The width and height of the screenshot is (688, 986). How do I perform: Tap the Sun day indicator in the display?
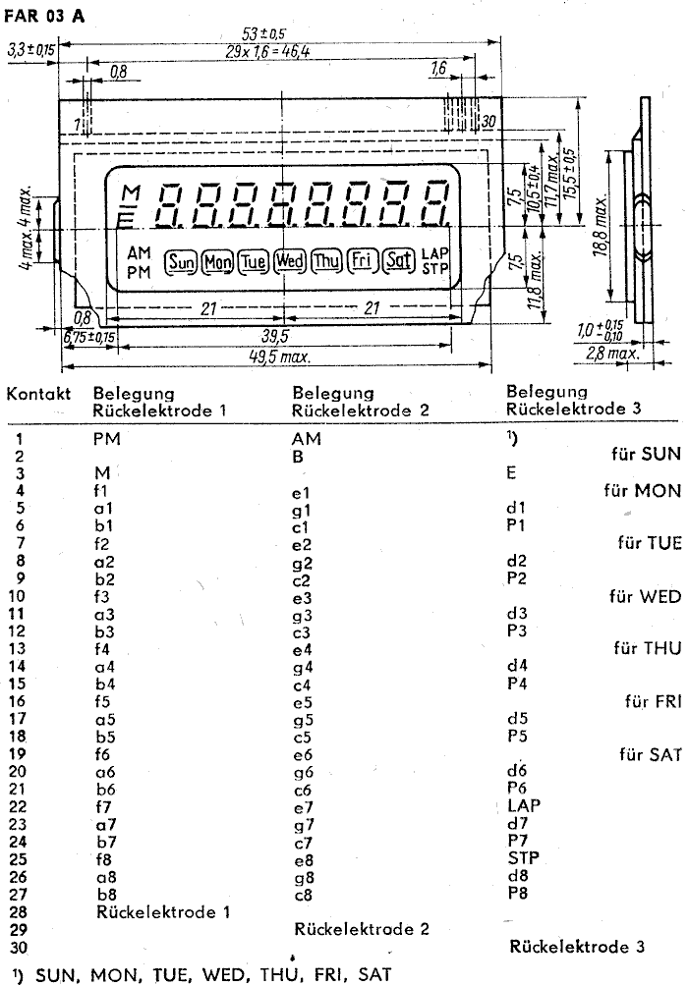tap(181, 261)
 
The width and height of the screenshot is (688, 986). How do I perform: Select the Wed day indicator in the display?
tap(289, 261)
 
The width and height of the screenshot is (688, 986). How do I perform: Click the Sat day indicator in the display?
tap(397, 261)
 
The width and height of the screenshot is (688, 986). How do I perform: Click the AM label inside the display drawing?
tap(139, 254)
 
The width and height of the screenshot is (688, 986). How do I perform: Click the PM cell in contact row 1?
tap(107, 440)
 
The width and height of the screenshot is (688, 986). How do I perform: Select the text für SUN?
tap(640, 455)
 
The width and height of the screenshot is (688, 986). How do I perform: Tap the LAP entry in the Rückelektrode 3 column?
tap(525, 805)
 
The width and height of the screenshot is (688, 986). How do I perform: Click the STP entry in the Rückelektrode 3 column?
tap(524, 857)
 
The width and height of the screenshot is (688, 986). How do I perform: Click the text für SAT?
tap(644, 755)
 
